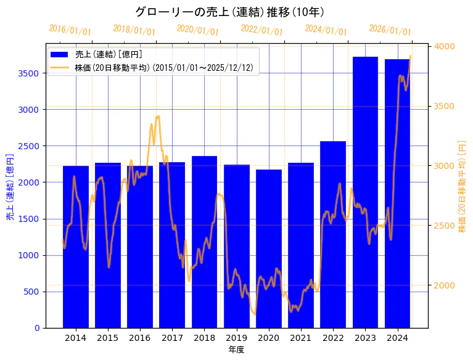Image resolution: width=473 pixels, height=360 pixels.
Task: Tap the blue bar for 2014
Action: click(x=76, y=247)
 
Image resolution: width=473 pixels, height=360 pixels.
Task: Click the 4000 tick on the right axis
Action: click(x=445, y=46)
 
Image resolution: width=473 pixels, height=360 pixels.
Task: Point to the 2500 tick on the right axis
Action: click(x=445, y=226)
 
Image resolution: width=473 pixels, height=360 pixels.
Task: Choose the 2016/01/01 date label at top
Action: click(x=70, y=30)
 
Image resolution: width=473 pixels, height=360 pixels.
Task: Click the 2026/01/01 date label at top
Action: click(x=390, y=30)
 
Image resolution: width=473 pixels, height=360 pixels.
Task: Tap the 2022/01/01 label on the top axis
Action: click(x=261, y=30)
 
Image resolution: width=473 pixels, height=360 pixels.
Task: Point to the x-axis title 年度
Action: click(x=237, y=350)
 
